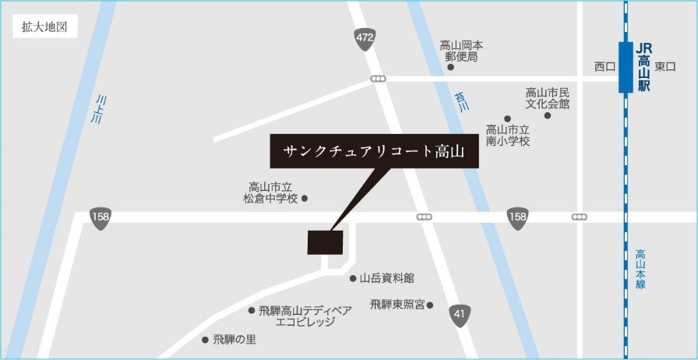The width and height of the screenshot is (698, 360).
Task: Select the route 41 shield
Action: (x=460, y=316)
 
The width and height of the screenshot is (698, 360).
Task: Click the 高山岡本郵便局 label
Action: (x=461, y=51)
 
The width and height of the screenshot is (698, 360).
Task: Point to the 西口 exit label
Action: (x=605, y=67)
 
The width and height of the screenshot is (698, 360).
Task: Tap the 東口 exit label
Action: (x=665, y=67)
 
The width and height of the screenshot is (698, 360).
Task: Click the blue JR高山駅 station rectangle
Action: (x=626, y=68)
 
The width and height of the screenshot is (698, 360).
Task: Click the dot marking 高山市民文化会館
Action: (x=547, y=115)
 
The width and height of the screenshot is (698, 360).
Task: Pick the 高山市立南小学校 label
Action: (x=508, y=136)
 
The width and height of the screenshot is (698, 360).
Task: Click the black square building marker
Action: (x=325, y=242)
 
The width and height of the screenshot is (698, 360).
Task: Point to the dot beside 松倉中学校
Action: (x=305, y=199)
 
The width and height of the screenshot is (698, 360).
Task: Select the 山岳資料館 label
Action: (x=386, y=277)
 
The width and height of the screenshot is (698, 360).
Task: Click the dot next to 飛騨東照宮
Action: (x=429, y=305)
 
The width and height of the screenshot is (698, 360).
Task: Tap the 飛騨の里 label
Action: (x=234, y=340)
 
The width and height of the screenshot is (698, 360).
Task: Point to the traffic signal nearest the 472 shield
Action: (x=379, y=79)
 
